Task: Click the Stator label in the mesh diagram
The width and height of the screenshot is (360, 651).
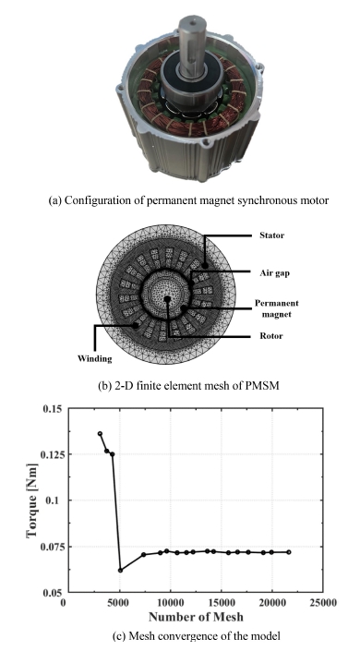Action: [x=272, y=235]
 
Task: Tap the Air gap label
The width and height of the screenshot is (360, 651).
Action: [x=274, y=272]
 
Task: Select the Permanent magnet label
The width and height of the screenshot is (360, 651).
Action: [x=277, y=308]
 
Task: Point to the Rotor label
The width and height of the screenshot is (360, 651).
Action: [x=271, y=336]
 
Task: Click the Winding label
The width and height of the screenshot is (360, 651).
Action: [x=95, y=358]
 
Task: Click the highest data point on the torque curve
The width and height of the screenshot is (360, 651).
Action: [x=100, y=433]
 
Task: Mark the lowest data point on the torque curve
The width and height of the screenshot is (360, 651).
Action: [x=120, y=570]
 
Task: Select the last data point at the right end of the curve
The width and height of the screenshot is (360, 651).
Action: [x=289, y=552]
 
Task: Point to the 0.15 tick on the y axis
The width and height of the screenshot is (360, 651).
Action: [x=53, y=409]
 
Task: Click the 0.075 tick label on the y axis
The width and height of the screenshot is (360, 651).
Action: [x=51, y=547]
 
